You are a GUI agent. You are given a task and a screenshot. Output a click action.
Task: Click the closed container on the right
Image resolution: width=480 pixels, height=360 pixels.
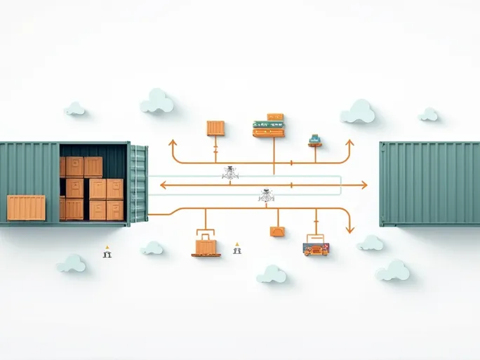(429, 183)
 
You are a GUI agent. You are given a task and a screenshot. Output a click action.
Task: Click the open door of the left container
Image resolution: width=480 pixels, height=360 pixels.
(139, 184)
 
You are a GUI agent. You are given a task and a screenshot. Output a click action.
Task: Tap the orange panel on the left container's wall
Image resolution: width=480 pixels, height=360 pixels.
(26, 208)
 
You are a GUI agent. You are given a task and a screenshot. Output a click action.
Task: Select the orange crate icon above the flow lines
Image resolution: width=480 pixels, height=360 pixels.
(215, 128)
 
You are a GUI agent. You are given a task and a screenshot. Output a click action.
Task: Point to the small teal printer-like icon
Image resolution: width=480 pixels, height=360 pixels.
(315, 139)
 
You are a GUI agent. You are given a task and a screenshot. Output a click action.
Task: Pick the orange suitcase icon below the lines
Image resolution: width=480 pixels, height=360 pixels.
(206, 246)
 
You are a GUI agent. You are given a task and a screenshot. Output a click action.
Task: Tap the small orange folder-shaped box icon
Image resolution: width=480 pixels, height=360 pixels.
(276, 232)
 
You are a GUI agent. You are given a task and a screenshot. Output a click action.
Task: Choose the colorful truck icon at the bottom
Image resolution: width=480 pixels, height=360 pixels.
(316, 248)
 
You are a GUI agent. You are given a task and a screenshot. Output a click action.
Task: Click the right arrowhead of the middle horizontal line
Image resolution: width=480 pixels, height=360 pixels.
(363, 185)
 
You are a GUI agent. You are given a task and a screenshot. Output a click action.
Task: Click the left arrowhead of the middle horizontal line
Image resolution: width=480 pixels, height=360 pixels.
(164, 185)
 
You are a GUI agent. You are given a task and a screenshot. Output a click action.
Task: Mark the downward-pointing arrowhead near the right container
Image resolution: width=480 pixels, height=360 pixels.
(349, 228)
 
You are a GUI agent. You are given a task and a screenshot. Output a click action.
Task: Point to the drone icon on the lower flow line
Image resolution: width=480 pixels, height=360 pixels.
(266, 196)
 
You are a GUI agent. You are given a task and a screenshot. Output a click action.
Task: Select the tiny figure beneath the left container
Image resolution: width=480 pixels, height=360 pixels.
(107, 252)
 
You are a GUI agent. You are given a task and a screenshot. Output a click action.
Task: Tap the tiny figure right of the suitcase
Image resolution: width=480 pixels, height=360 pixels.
(237, 248)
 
